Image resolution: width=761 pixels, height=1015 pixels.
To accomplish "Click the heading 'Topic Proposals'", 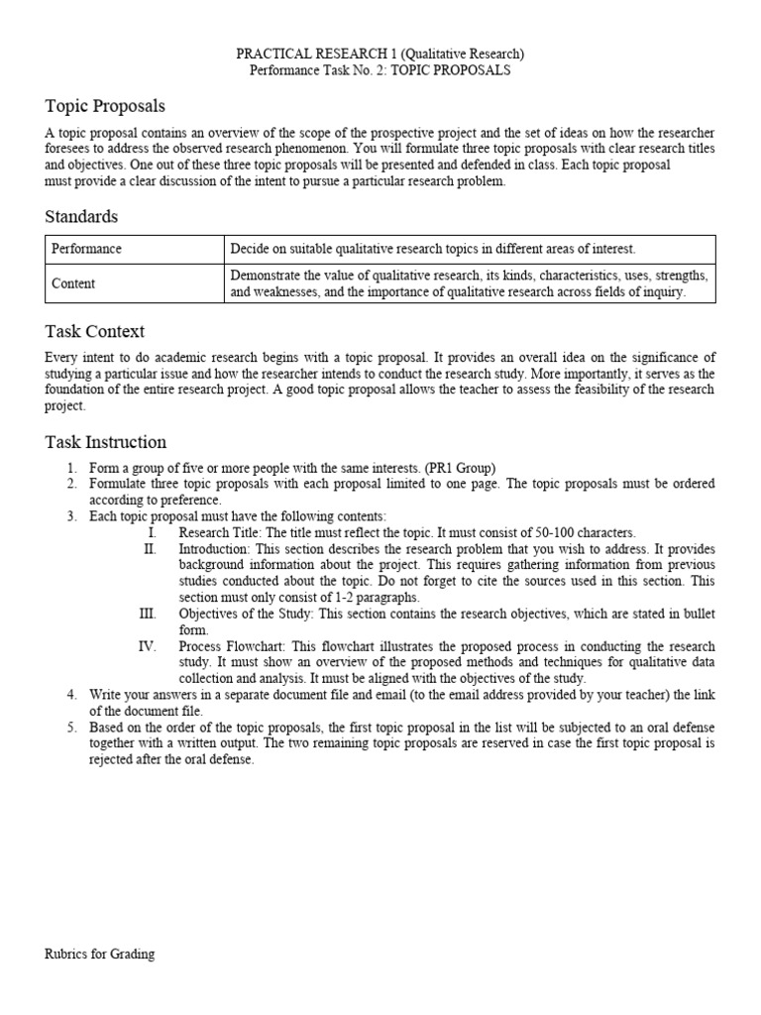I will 105,105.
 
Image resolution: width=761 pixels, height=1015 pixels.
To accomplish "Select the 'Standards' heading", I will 81,216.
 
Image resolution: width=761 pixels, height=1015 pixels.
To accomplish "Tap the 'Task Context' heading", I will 94,331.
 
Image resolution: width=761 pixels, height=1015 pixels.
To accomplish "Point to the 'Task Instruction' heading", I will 105,442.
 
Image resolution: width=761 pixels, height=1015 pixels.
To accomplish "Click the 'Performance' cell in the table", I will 87,250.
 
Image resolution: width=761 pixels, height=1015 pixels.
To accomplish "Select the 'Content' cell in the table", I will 73,283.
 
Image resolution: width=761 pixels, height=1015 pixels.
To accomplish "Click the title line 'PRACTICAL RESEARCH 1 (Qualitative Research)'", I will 380,55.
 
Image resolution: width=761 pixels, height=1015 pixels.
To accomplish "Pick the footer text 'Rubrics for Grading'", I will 99,955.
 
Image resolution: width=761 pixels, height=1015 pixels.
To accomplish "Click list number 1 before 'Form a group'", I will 71,467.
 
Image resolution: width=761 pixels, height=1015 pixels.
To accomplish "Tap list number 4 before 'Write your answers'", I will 71,695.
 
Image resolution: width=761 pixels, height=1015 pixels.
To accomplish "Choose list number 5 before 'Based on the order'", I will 71,728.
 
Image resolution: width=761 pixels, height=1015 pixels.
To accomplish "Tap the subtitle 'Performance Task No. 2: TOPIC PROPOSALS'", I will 380,71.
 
